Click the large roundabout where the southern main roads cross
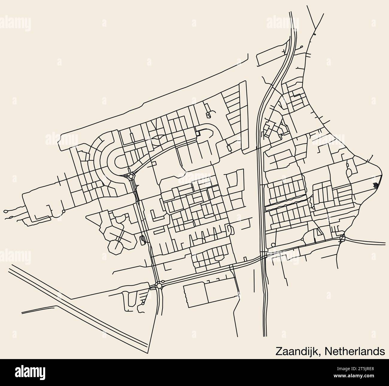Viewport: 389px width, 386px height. tap(159, 286)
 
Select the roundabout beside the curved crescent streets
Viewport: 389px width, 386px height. tap(131, 177)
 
